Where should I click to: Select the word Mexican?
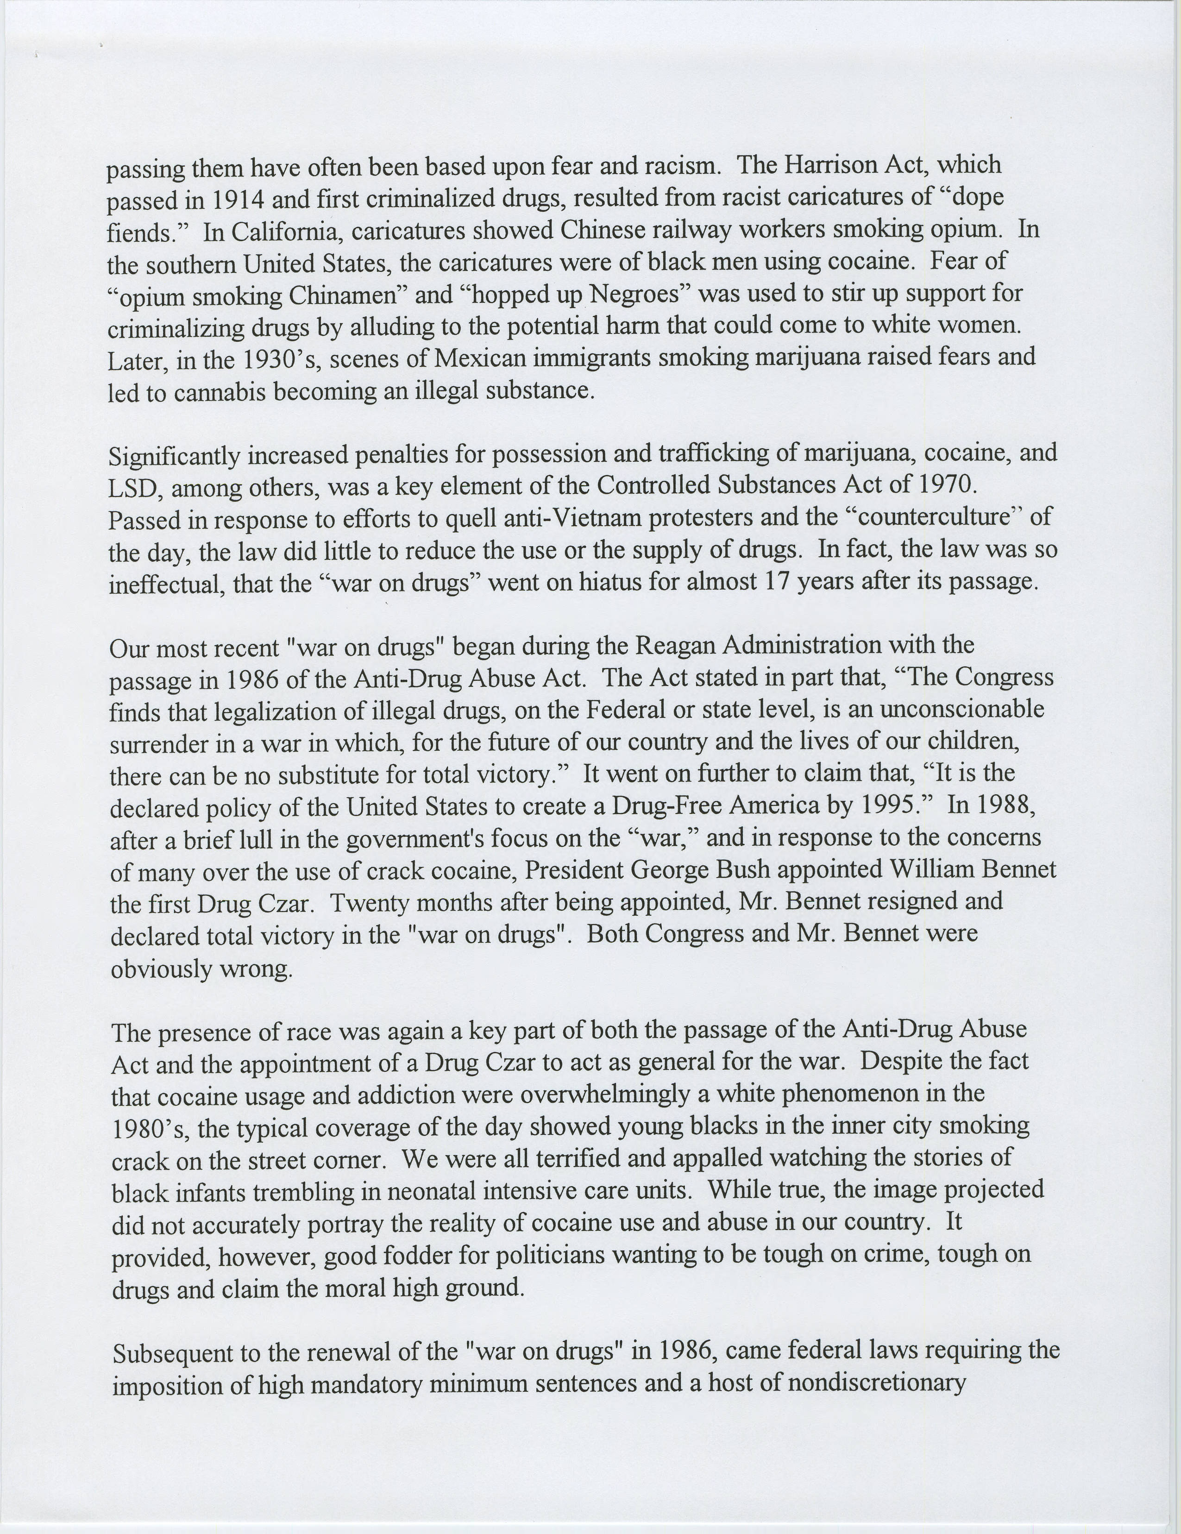pos(480,358)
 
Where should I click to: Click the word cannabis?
pos(219,391)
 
